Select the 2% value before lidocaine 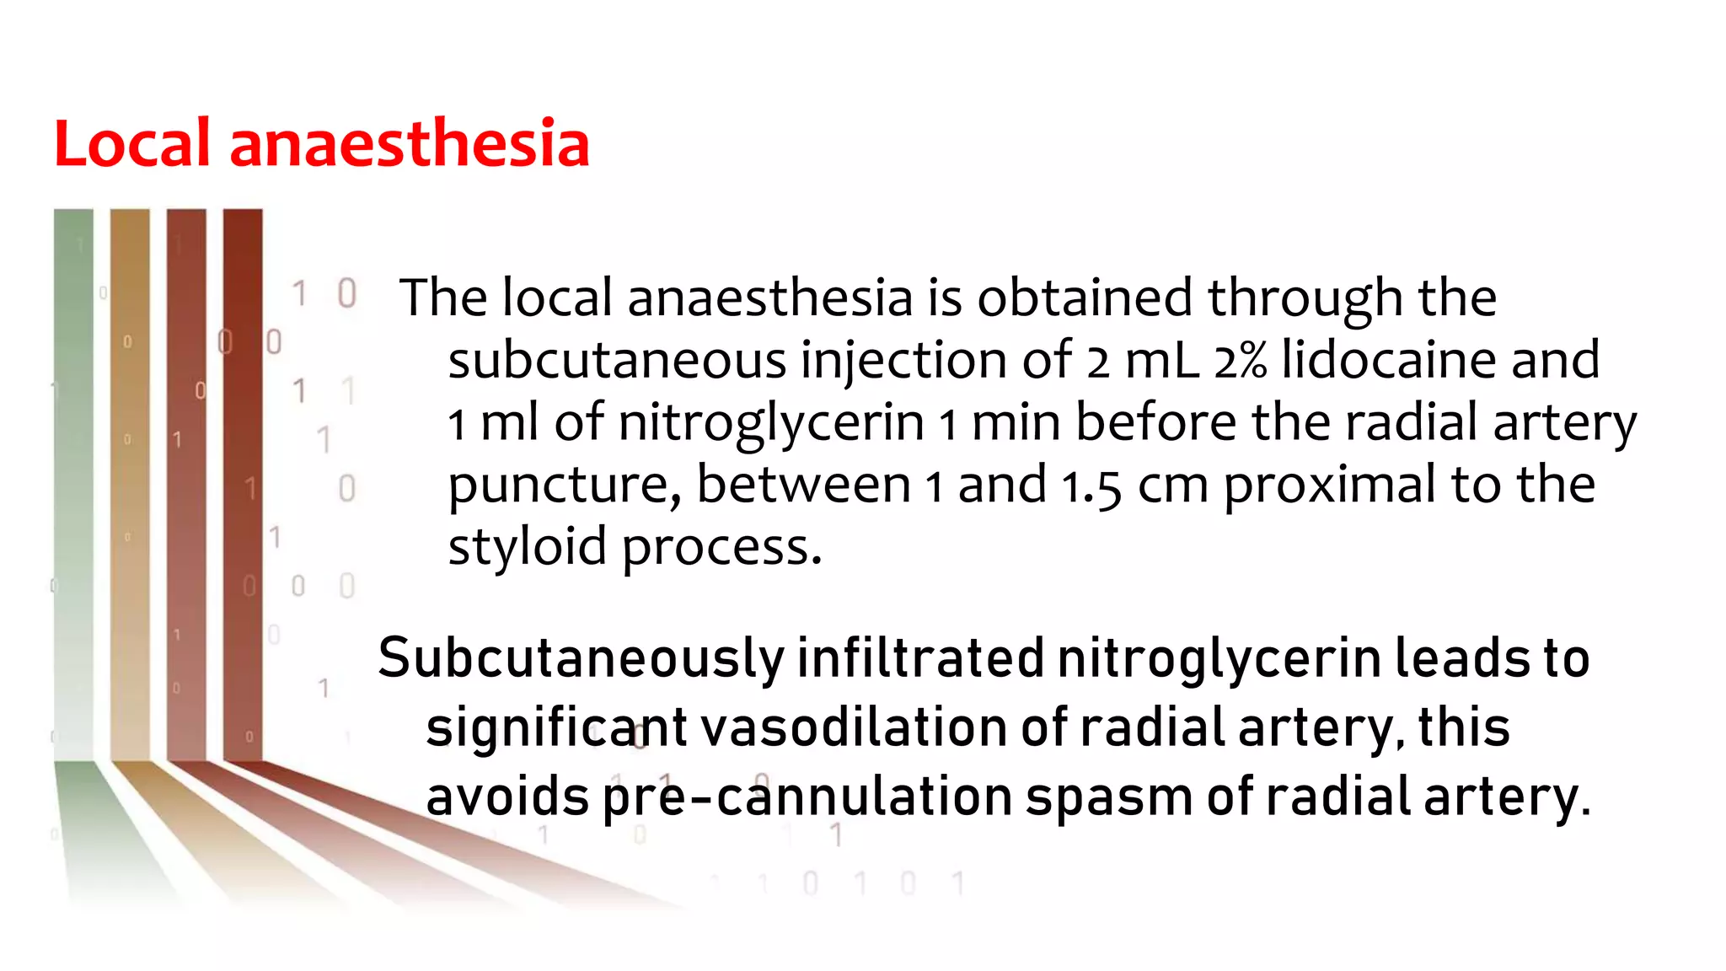click(x=1241, y=361)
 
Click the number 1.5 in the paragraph click(x=1091, y=486)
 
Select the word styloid click(x=527, y=548)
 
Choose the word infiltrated click(x=920, y=658)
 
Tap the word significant click(x=556, y=728)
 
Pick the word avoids click(x=507, y=797)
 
